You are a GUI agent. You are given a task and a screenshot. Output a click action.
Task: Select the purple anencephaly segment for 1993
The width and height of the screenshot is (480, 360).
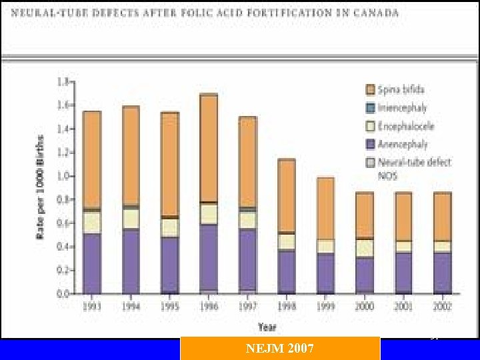coord(91,263)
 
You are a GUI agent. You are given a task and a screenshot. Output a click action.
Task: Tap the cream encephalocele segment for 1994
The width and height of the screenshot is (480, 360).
coord(131,219)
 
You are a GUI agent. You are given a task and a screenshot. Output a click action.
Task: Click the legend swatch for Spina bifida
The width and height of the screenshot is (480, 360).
coord(369,89)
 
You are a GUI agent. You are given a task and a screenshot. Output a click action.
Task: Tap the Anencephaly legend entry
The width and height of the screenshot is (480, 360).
coord(402,144)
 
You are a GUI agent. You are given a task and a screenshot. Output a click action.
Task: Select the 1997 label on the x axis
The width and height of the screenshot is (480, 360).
coord(247,306)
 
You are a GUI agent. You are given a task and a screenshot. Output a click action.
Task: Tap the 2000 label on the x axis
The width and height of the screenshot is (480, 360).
coord(365,306)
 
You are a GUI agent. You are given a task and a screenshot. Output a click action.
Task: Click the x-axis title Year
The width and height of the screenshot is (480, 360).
coord(266,327)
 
